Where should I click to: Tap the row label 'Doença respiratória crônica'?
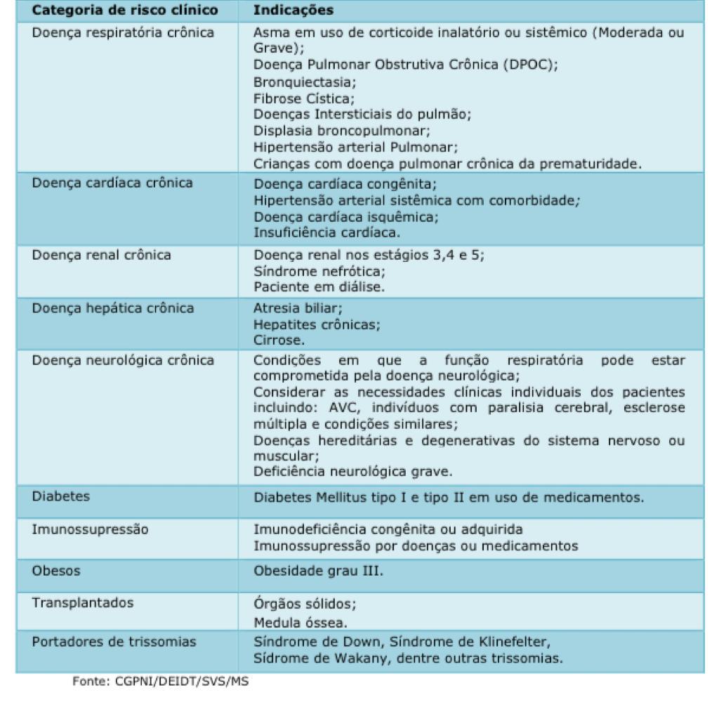point(123,32)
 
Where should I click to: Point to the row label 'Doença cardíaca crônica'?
point(112,183)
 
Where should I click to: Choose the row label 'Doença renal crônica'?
point(102,255)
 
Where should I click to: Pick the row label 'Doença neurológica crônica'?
point(123,361)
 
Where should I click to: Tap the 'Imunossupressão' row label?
point(90,529)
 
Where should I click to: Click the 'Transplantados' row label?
point(83,603)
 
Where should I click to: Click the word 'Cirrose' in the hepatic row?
point(279,340)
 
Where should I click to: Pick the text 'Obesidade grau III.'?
point(319,571)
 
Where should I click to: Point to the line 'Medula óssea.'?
point(300,622)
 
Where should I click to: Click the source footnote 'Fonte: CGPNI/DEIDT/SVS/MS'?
point(161,682)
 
